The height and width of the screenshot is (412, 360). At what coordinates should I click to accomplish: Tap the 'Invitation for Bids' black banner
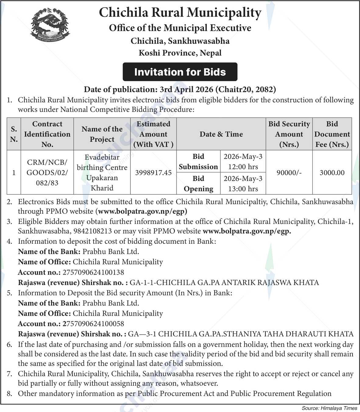click(180, 72)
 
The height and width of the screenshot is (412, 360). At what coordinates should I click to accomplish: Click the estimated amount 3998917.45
click(153, 173)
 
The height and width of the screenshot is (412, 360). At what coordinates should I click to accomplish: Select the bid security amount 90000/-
click(289, 173)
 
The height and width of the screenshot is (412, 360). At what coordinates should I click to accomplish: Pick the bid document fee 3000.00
click(332, 173)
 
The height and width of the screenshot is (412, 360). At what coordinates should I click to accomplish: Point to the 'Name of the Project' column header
click(102, 134)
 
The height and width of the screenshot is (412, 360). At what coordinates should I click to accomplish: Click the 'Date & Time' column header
click(221, 134)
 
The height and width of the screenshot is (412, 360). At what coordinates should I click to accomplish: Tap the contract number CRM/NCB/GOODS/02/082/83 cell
click(47, 172)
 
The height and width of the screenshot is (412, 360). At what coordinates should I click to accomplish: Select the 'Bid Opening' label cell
click(198, 184)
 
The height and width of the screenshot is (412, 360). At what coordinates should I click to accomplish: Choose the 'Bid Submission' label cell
click(198, 162)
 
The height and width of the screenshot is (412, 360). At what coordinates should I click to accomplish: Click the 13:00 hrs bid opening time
click(243, 189)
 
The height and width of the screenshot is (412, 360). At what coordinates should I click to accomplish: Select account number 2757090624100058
click(93, 324)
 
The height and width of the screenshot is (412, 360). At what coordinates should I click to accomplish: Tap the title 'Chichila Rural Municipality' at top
click(180, 12)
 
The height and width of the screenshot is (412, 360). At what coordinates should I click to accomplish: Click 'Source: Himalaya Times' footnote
click(329, 408)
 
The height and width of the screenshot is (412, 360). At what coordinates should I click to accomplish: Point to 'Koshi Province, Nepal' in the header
click(180, 53)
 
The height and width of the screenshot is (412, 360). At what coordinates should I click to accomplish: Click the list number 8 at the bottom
click(10, 393)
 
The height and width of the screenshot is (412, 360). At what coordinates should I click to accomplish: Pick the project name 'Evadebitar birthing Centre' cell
click(102, 172)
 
